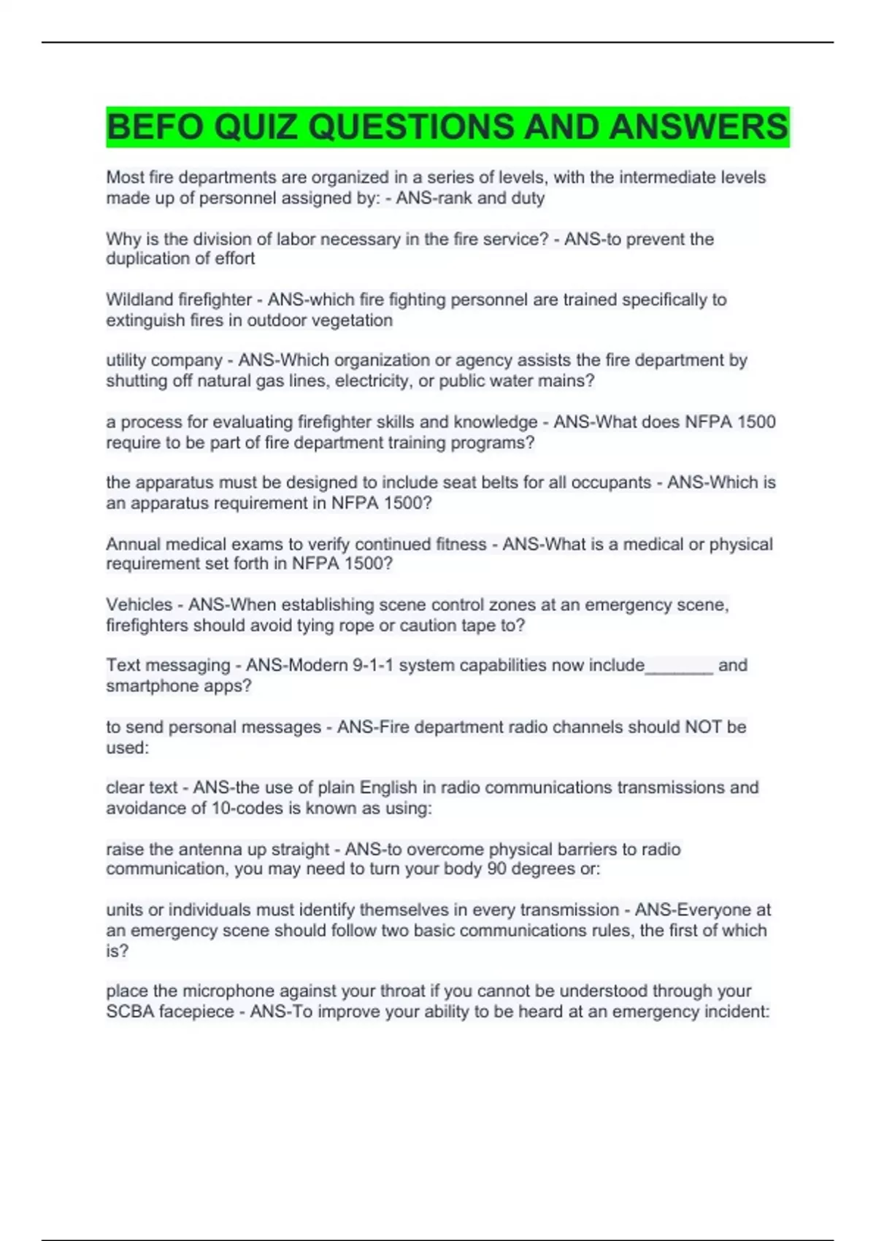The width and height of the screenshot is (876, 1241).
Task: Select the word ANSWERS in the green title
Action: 699,127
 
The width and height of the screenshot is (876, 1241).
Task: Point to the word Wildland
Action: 138,300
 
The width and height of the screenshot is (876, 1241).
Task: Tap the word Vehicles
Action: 139,605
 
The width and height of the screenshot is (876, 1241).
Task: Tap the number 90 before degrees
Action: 496,869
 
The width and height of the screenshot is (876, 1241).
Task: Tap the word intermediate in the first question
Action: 664,177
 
